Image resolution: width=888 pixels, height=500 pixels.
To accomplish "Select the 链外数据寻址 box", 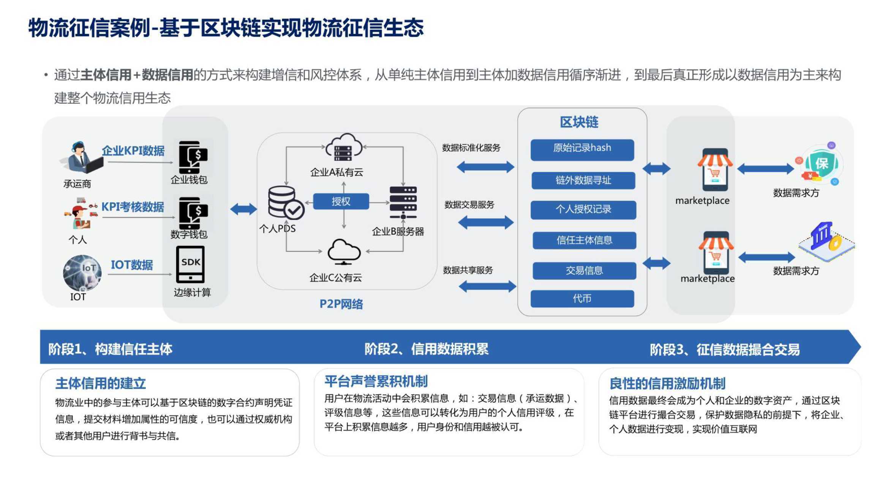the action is (583, 180).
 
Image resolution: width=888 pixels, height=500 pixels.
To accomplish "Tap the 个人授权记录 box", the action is (583, 210).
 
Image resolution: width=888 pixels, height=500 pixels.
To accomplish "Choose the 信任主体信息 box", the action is (584, 240).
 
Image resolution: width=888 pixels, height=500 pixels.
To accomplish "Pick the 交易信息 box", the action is (584, 270).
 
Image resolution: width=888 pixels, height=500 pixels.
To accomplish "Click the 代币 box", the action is (582, 299).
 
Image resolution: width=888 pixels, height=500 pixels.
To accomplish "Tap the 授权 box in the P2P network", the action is (341, 201).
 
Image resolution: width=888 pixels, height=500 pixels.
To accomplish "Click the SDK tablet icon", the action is (190, 264).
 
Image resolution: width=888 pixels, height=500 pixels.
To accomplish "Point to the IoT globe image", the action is (82, 273).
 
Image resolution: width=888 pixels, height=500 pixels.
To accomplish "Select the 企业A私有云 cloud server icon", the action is (344, 148).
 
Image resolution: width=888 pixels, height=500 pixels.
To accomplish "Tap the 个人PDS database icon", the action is (286, 203).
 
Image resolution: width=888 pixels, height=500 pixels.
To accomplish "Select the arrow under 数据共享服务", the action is (487, 286).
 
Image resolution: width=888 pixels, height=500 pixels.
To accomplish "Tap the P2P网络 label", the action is (341, 304).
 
